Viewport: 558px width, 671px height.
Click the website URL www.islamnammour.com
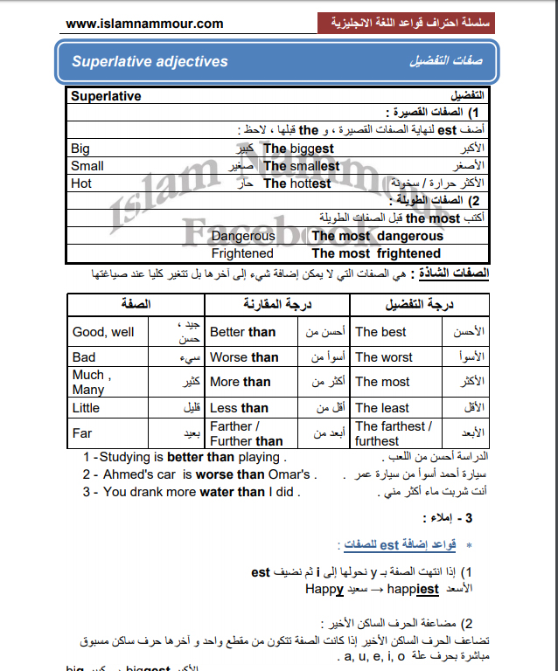pos(144,24)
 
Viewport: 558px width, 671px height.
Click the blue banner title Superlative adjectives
pos(150,62)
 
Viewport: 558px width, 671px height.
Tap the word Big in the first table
pos(80,149)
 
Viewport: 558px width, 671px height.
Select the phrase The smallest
pos(301,166)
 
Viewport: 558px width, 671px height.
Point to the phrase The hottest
pos(296,183)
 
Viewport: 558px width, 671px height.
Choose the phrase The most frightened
pos(376,253)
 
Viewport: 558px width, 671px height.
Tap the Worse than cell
pos(244,357)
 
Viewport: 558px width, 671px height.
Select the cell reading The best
pos(380,332)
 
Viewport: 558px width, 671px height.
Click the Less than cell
pos(239,408)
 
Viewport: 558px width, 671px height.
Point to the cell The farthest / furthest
pos(393,433)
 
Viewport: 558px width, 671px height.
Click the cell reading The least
pos(382,408)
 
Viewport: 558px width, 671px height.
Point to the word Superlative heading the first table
pos(106,96)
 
